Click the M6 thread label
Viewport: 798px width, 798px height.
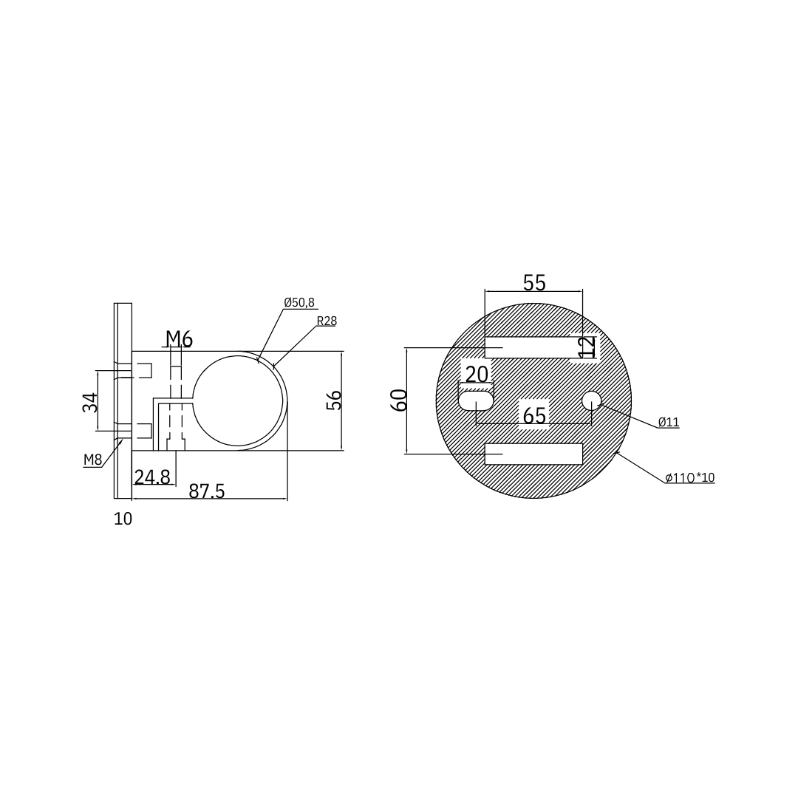coord(179,339)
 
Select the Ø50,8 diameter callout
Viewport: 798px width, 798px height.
coord(299,303)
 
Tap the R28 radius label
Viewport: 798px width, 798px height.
coord(327,321)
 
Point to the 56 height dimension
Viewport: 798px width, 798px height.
coord(335,400)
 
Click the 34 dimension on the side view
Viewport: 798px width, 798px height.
coord(90,402)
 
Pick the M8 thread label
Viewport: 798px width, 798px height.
coord(92,460)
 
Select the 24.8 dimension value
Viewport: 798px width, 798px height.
coord(152,477)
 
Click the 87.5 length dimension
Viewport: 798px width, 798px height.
coord(207,491)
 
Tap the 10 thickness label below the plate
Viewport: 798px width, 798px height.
coord(123,519)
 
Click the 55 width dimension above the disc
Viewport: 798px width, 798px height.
coord(534,283)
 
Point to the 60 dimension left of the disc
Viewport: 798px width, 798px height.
coord(399,400)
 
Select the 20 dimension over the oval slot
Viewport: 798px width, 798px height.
coord(477,375)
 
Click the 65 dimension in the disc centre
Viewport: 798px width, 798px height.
coord(534,416)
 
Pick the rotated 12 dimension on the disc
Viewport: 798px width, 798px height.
coord(587,347)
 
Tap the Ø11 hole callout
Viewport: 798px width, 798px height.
coord(668,422)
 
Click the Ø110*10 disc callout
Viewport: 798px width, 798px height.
coord(689,478)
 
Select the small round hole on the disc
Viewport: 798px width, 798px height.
coord(591,400)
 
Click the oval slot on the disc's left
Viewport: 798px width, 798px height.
coord(476,400)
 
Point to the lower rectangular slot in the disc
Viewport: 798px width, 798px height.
coord(533,454)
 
